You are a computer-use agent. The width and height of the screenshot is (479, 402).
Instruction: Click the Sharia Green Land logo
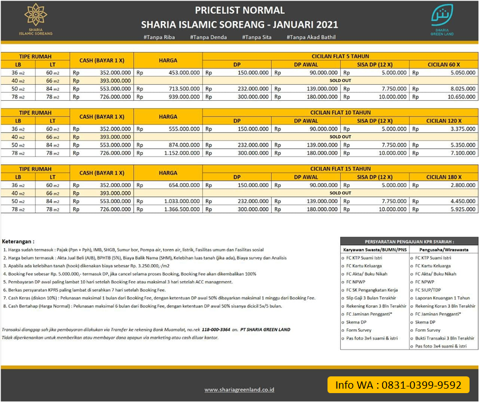click(443, 21)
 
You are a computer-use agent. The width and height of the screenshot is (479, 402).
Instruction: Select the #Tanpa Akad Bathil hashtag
click(311, 37)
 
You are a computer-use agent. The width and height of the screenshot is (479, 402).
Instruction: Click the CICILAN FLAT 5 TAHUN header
click(340, 57)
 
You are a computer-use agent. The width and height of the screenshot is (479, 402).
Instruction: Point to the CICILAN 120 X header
click(443, 121)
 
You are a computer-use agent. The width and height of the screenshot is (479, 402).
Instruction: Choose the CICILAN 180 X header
click(443, 177)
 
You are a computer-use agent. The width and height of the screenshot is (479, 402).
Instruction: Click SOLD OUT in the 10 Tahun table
click(340, 137)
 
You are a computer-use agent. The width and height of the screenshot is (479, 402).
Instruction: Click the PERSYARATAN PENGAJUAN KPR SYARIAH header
click(409, 241)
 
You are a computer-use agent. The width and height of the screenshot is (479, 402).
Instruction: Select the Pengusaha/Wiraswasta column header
click(443, 250)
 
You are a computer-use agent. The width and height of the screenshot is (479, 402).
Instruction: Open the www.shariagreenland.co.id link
click(239, 390)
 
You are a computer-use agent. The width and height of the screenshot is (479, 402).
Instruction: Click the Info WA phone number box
click(398, 385)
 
